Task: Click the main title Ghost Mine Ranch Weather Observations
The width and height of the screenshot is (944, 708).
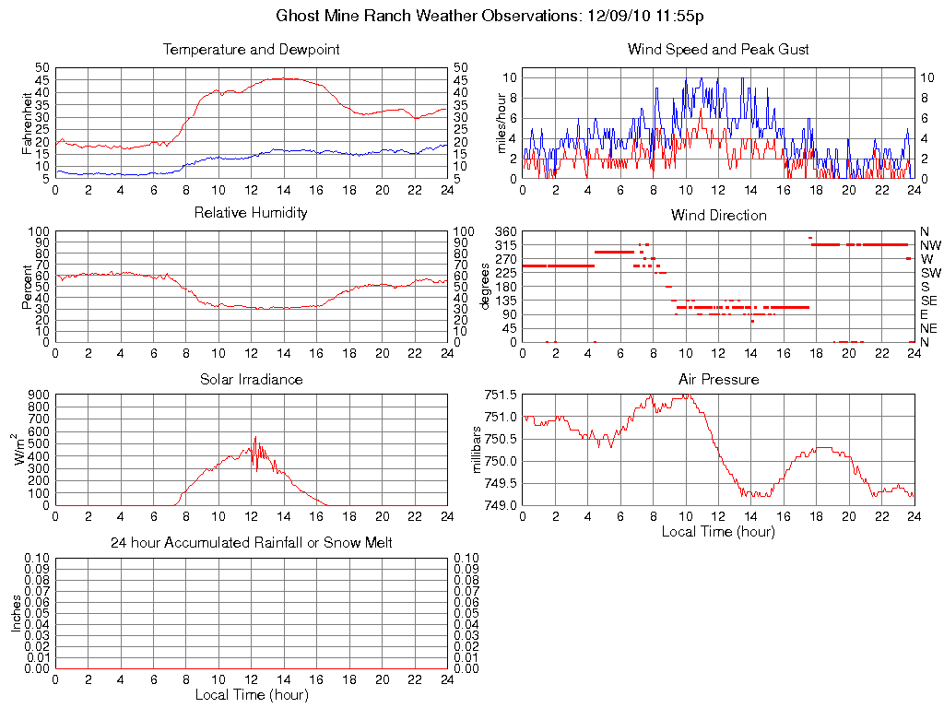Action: coord(490,16)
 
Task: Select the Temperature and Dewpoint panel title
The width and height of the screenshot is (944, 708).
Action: coord(251,49)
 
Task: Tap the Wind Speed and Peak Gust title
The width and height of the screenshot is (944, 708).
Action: coord(718,49)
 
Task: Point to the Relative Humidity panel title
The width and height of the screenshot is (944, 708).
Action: coord(251,213)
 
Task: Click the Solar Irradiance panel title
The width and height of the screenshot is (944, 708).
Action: coord(251,379)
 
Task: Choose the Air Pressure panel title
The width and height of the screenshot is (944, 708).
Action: coord(718,379)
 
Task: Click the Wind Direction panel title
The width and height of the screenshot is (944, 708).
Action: coord(718,215)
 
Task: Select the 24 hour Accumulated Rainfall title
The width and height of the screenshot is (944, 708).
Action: coord(251,543)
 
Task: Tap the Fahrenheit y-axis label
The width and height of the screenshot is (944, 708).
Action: coord(28,123)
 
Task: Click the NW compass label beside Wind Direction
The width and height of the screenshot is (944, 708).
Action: coord(929,245)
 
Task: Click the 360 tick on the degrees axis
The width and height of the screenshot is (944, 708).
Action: coord(503,231)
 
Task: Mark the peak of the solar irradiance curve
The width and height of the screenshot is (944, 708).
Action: coord(255,437)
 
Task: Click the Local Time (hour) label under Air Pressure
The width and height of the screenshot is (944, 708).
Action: coord(718,531)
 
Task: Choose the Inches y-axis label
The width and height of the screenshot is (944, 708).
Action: coord(16,613)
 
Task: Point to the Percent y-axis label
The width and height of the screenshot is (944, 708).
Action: coord(28,287)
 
